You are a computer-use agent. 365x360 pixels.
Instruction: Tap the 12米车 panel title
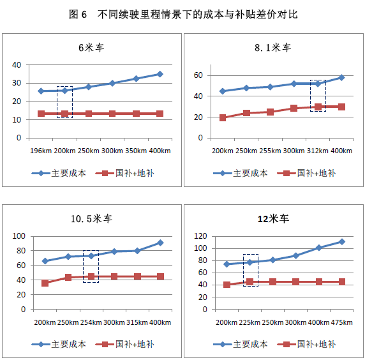pos(274,219)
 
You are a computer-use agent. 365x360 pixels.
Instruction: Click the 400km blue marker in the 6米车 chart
pos(160,74)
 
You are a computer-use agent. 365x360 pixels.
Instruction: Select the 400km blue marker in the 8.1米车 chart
pos(341,77)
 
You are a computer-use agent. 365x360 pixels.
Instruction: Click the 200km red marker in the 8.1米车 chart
pos(223,118)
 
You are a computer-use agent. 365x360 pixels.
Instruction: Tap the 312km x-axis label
pos(318,151)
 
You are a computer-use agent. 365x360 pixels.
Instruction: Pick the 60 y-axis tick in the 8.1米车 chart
pos(198,75)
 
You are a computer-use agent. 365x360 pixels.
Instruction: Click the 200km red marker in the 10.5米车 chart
pos(45,283)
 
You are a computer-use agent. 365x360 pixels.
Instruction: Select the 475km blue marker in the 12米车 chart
pos(342,242)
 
